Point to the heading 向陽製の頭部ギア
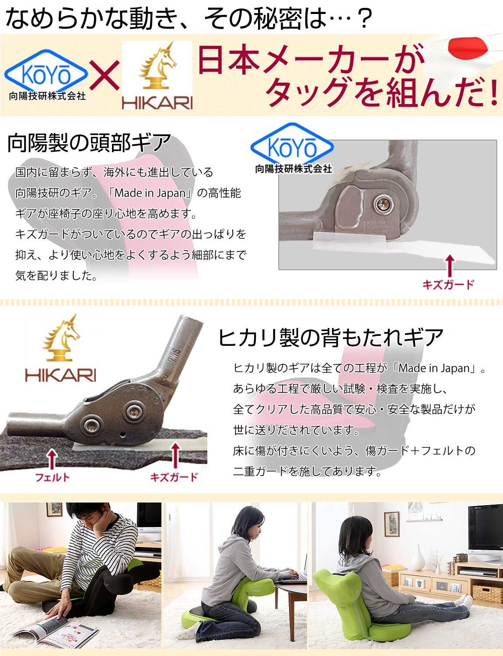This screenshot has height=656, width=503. pos(89,142)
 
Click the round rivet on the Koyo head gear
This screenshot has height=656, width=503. pos(384,204)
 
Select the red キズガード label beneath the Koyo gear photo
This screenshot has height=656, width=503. pos(448,284)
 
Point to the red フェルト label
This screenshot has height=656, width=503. pos(52,477)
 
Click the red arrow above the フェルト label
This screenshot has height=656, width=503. pos(52,459)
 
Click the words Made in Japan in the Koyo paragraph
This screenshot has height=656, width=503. pos(150,192)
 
